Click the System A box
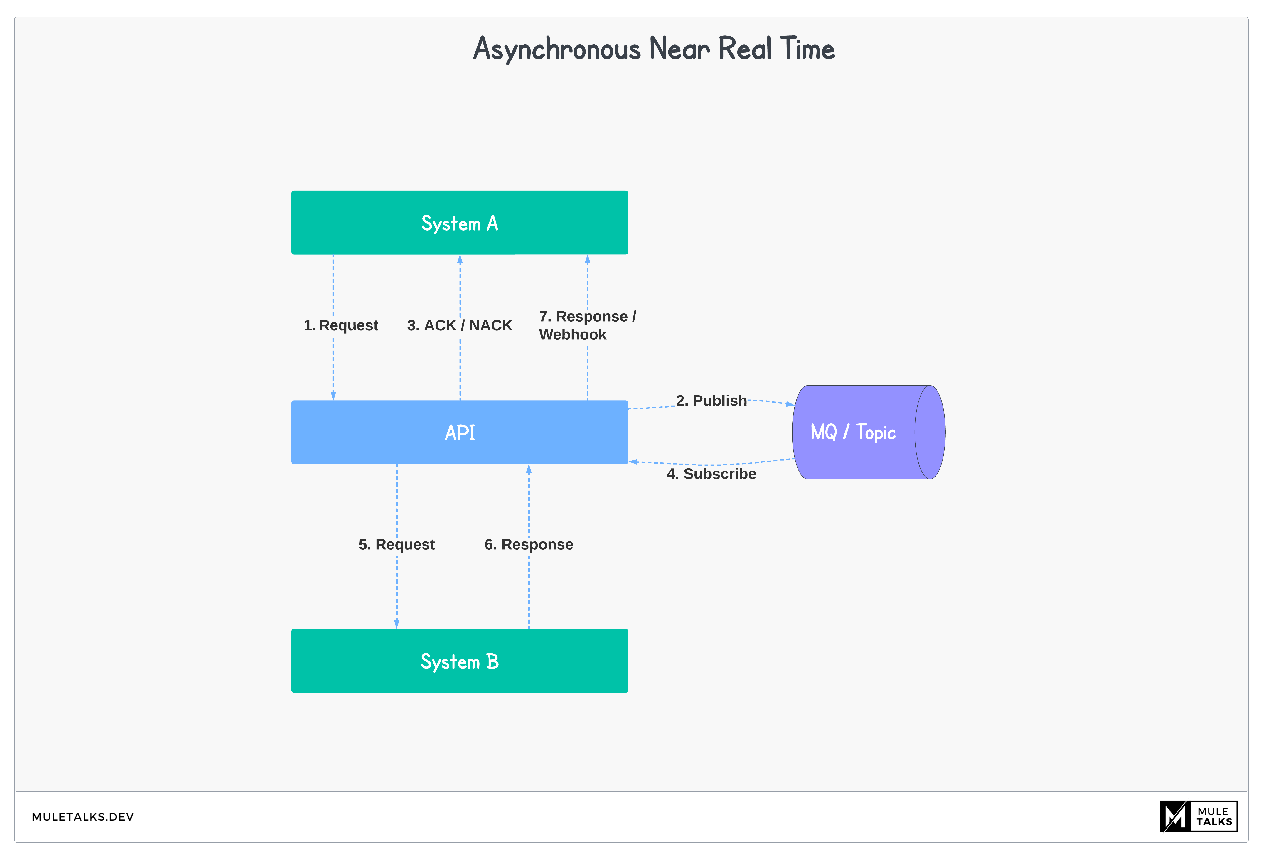click(x=459, y=222)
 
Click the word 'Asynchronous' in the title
click(x=557, y=49)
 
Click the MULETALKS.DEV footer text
click(x=83, y=817)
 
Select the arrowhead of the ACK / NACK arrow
click(x=460, y=260)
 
